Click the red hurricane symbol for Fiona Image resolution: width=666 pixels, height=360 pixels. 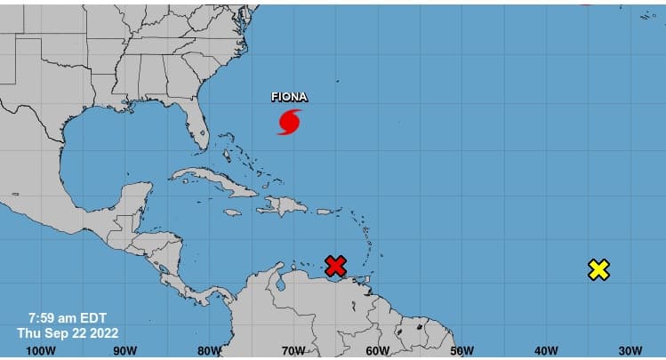[289, 122]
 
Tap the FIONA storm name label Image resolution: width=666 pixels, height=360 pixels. [290, 98]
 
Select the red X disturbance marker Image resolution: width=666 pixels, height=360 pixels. [335, 265]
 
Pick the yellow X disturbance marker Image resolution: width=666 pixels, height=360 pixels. [599, 269]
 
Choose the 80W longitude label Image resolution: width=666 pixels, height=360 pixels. [209, 350]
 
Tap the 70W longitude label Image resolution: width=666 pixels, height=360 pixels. [293, 350]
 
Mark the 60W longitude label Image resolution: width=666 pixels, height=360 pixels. [378, 350]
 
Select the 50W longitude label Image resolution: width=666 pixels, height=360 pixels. [462, 350]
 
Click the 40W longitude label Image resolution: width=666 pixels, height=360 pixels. [545, 350]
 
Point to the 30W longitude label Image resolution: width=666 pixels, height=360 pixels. [630, 350]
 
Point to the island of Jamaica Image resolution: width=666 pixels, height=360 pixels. [233, 212]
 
